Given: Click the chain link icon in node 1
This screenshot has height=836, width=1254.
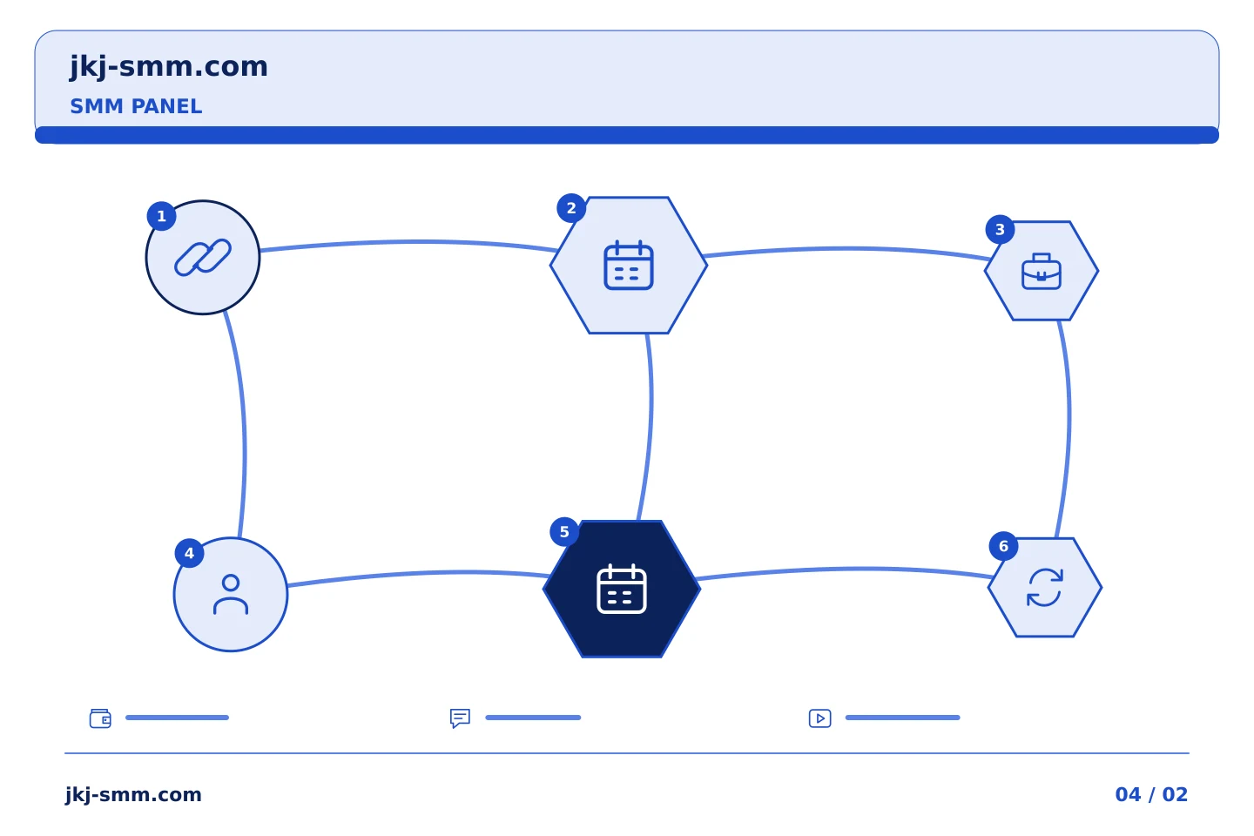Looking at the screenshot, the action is pos(203,258).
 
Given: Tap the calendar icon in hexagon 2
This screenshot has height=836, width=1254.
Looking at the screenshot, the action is pos(629,265).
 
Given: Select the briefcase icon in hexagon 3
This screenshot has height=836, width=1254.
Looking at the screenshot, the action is pos(1042,271).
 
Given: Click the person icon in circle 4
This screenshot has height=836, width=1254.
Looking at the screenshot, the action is pos(231,595).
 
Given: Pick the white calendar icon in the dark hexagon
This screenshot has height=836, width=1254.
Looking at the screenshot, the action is pos(622,589).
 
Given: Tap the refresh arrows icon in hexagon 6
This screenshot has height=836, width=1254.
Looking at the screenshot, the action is pos(1045,588).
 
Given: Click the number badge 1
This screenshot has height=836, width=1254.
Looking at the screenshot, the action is pos(162,216).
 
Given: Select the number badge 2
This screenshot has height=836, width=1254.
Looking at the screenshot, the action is pos(571,208).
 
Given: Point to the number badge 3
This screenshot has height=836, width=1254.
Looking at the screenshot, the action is pos(1001,230).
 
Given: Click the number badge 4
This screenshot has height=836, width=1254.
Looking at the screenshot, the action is pos(189,553).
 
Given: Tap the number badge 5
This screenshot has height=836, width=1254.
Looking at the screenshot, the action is pos(564,532).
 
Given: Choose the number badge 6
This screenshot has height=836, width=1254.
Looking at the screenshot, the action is pos(1004,546).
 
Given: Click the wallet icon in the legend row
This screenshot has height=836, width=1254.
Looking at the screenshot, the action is pos(101,718).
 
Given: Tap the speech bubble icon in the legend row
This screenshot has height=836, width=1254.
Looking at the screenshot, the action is pos(460,718).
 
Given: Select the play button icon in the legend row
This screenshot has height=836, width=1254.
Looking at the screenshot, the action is pos(820,718).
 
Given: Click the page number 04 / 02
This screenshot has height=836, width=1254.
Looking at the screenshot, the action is pos(1151,794).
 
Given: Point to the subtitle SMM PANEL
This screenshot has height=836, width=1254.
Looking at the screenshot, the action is pos(136,106).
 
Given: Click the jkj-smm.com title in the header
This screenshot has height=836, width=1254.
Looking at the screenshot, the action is pos(169,67).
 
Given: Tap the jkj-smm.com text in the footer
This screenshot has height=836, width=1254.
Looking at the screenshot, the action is pos(133,795).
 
